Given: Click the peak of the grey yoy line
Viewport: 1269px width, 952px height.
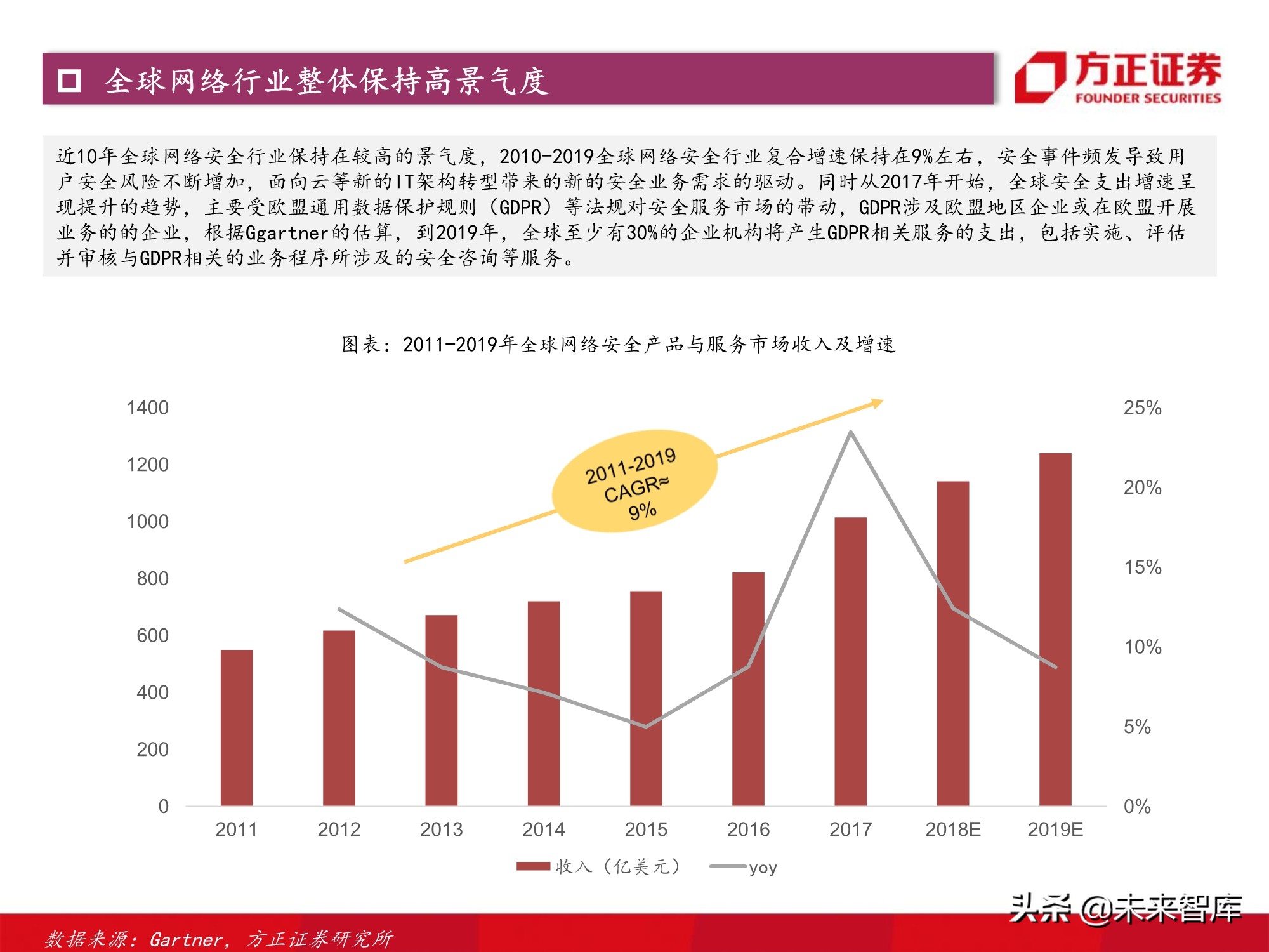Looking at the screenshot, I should coord(850,433).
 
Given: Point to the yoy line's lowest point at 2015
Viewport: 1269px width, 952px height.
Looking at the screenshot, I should coord(646,726).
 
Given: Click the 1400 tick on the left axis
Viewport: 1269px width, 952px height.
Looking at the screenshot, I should coord(148,407).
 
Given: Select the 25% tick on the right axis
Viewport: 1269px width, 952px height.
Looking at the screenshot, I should coord(1142,407).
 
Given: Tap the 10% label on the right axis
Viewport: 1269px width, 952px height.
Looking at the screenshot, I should coord(1142,647).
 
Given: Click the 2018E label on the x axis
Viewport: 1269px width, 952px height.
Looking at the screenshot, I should coord(952,829).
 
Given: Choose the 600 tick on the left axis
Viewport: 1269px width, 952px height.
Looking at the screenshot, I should coord(152,635).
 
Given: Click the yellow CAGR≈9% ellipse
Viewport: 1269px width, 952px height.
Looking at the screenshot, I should coord(634,482).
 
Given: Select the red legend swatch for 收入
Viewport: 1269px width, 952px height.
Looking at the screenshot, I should coord(533,866).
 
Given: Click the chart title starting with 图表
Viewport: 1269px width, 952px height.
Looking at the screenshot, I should coord(618,345).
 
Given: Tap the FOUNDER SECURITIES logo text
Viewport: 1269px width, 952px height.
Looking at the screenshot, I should coord(1147,98).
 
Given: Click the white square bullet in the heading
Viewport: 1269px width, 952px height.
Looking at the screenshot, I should coord(69,81).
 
